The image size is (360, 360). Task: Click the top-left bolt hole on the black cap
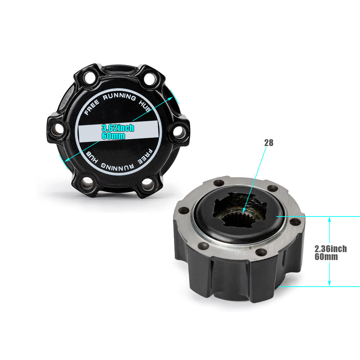(x=89, y=78)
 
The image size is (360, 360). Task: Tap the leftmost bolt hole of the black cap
(x=57, y=129)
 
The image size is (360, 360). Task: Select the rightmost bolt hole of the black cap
(x=179, y=132)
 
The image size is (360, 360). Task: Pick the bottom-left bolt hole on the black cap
(x=87, y=183)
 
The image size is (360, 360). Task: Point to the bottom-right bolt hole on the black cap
(x=147, y=184)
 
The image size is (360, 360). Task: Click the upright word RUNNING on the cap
(x=119, y=97)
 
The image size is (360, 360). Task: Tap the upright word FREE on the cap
(x=92, y=107)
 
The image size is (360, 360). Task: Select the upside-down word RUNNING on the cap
(x=117, y=167)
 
